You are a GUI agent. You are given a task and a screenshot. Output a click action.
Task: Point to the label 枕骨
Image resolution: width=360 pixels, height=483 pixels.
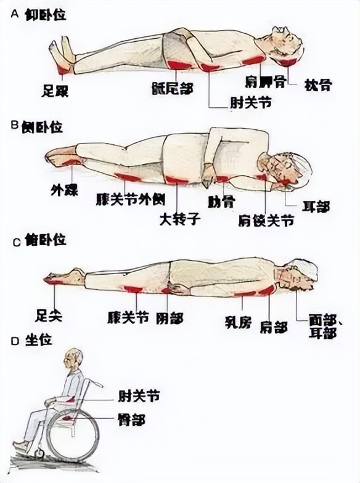(x=317, y=86)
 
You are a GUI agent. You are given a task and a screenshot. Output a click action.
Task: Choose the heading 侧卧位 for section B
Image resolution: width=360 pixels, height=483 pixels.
(x=42, y=127)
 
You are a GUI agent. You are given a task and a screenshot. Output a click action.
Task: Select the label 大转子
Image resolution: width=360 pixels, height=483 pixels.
(x=180, y=218)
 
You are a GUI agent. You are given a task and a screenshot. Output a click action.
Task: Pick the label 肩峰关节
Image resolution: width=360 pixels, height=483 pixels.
(x=266, y=219)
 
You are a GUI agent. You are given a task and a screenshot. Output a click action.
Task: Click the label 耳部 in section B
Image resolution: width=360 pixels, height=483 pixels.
(x=316, y=206)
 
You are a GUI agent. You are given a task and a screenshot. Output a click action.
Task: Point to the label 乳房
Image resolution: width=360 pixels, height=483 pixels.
(x=238, y=322)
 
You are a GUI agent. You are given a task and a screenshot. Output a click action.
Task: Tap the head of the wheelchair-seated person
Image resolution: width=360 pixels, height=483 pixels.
(x=75, y=360)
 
